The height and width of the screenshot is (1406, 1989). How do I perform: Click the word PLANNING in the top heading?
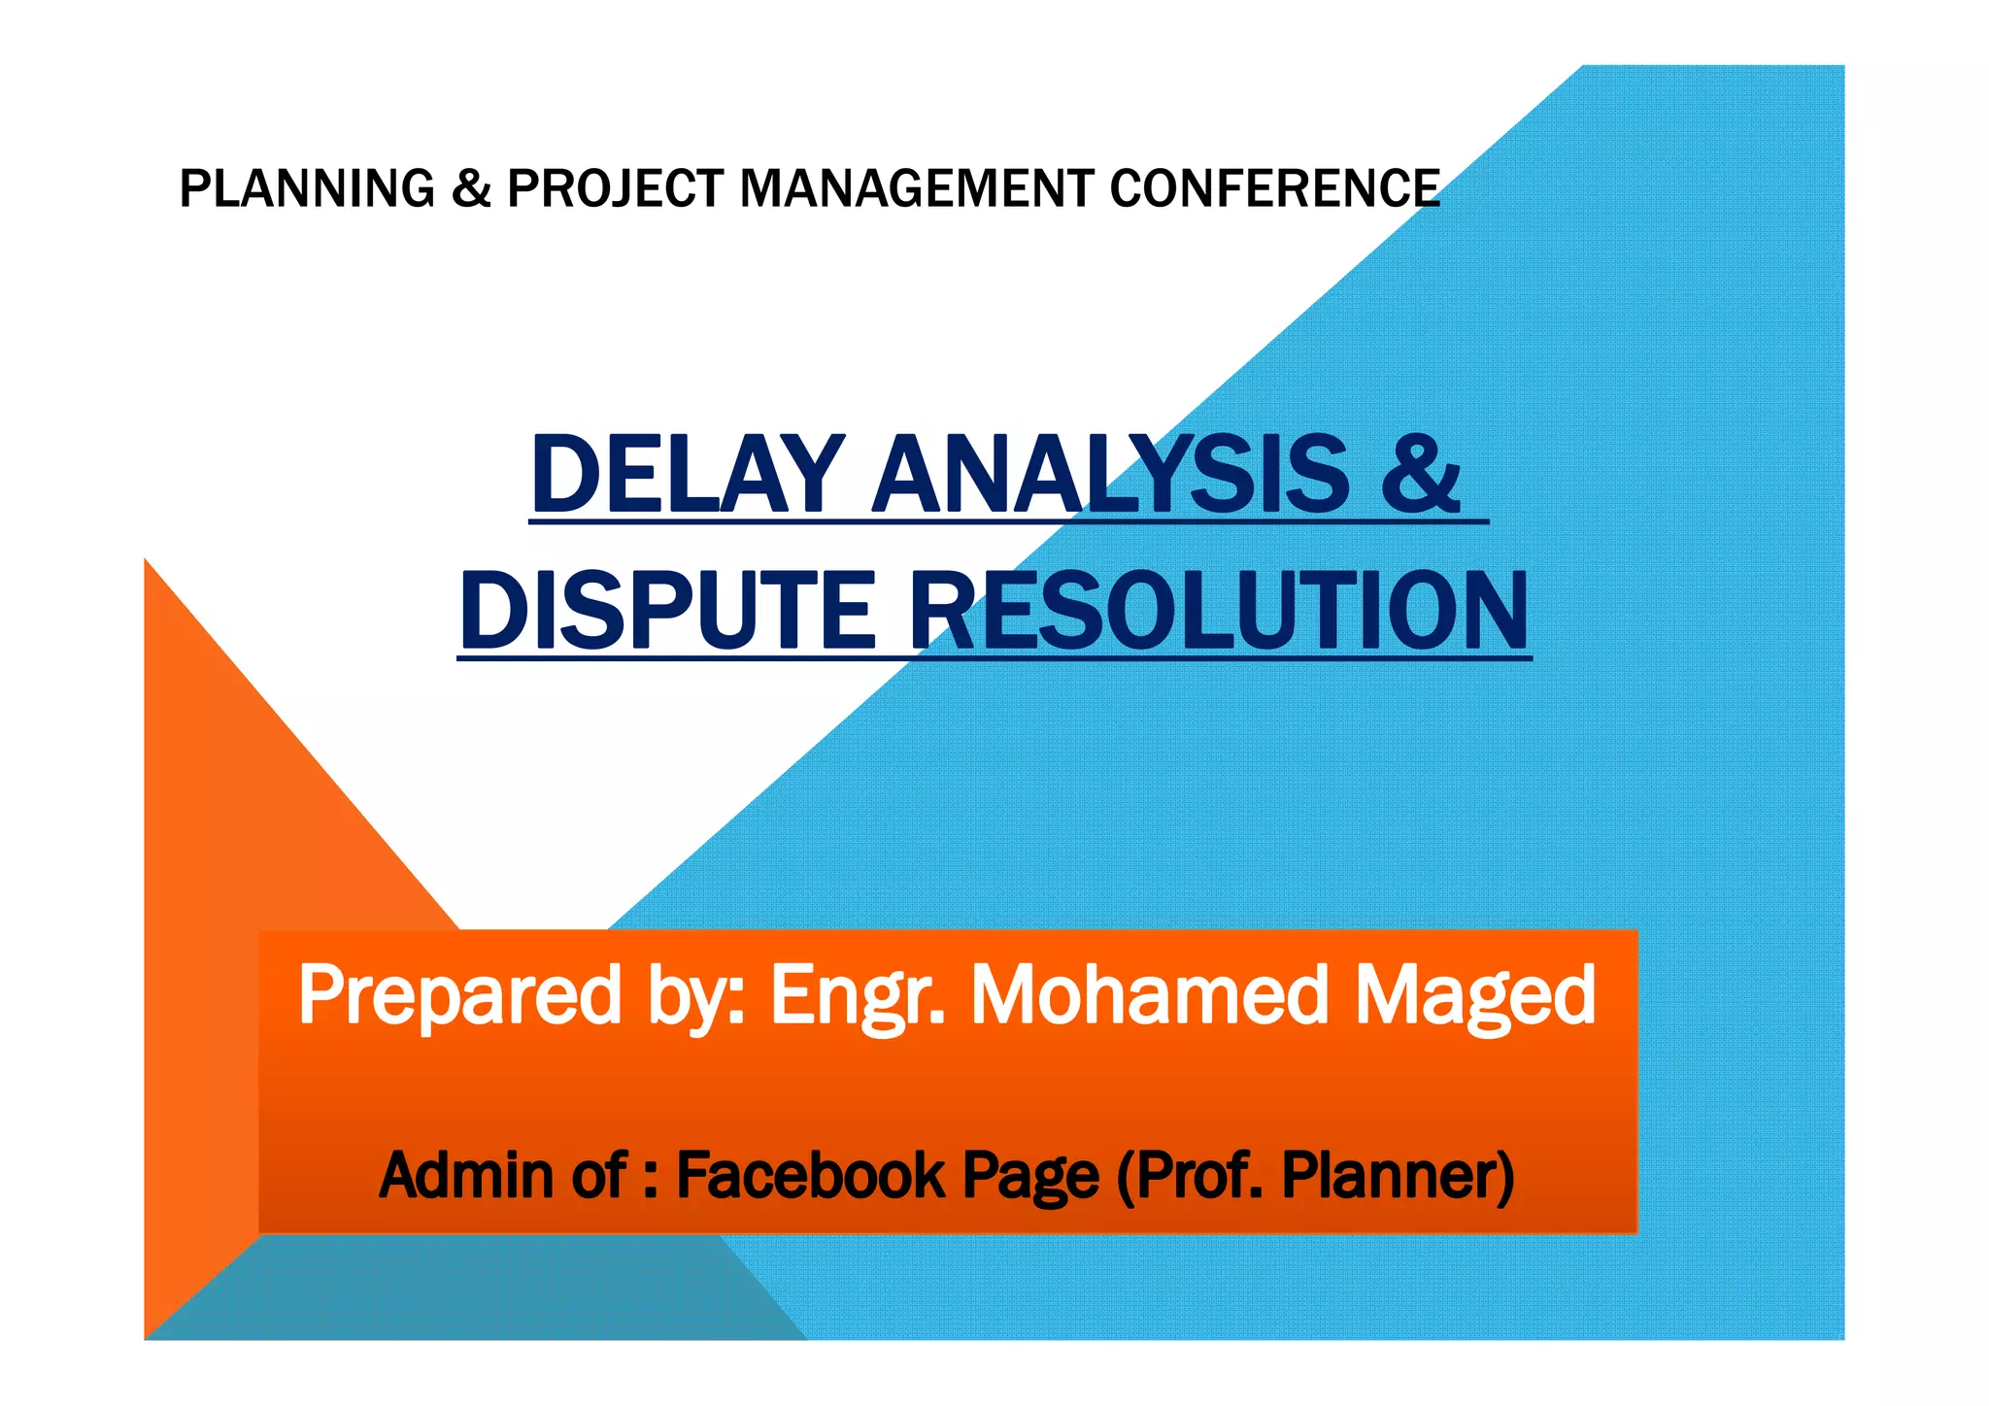click(x=306, y=188)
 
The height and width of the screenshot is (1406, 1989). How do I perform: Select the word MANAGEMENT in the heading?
click(x=916, y=188)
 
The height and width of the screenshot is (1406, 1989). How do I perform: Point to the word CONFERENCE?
click(x=1274, y=188)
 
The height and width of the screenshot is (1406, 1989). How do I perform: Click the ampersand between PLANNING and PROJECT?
click(x=471, y=188)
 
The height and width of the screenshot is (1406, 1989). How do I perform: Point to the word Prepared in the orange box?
click(x=458, y=995)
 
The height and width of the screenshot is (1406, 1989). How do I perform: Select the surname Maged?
click(x=1474, y=995)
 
